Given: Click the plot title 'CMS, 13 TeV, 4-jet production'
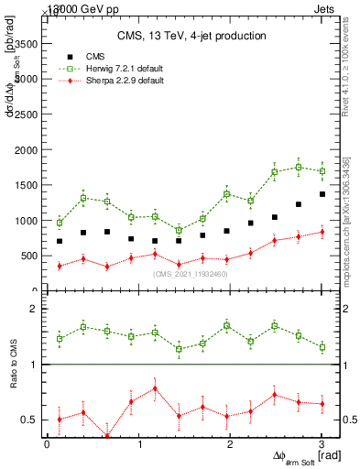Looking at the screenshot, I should coord(191,37).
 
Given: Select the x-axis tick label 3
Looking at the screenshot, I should coord(322,444).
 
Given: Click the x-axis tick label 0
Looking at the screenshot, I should coord(47,444).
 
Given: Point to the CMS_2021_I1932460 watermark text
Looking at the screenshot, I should coord(191,274).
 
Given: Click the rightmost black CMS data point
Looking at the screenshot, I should coord(322,194).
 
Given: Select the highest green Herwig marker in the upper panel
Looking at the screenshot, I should coord(299,167).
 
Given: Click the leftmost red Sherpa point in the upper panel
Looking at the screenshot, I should coord(60,266).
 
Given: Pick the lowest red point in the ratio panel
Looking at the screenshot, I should coord(107,436).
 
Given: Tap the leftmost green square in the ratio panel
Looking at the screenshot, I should coord(60,339).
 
